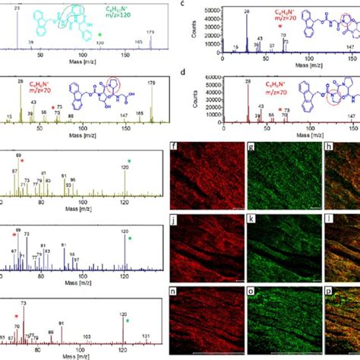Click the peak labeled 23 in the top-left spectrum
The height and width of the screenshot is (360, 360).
[18, 7]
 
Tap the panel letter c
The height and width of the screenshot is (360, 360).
[197, 5]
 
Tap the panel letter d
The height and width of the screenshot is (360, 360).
[197, 72]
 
